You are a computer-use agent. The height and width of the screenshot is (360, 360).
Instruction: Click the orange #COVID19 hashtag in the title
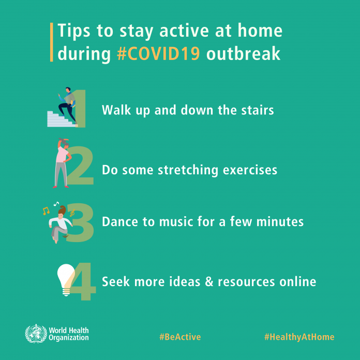(x=158, y=54)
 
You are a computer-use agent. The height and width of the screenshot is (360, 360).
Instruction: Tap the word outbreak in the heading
(x=244, y=53)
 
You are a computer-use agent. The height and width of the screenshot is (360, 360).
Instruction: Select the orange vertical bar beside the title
(x=51, y=42)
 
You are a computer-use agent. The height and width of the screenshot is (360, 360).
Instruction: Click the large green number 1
(x=81, y=109)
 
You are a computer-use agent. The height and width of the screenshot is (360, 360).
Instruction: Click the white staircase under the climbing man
(x=61, y=119)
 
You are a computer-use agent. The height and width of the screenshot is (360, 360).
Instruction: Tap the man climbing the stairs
(x=67, y=105)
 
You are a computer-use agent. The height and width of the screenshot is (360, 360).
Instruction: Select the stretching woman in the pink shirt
(x=62, y=163)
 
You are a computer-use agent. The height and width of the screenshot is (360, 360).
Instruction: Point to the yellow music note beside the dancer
(x=46, y=211)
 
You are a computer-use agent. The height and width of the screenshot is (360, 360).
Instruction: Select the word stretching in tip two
(x=188, y=170)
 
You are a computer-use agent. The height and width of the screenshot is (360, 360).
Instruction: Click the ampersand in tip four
(x=209, y=281)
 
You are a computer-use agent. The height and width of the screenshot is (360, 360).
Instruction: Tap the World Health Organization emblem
(x=36, y=334)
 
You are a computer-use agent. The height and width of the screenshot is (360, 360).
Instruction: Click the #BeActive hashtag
(x=180, y=337)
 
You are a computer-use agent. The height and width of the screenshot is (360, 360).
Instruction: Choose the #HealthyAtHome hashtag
(x=299, y=337)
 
